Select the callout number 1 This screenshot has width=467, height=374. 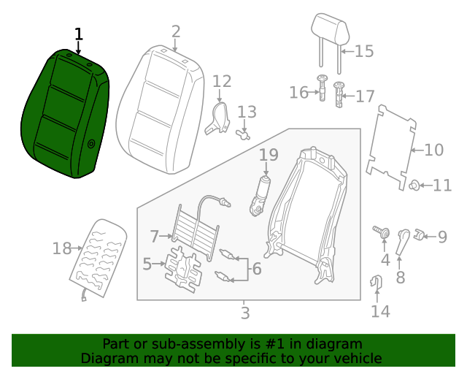(x=79, y=34)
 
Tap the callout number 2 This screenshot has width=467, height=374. (x=175, y=31)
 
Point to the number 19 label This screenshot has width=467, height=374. (x=269, y=155)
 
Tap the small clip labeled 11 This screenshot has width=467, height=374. (x=414, y=185)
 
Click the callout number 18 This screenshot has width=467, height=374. (x=62, y=249)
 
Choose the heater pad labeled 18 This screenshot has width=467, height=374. (x=99, y=256)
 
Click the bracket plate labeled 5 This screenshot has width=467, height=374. (x=182, y=267)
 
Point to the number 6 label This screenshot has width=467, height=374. (x=256, y=269)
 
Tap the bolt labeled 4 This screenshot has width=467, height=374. (x=381, y=232)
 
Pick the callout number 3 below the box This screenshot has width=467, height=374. (x=245, y=313)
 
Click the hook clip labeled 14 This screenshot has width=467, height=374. (x=377, y=281)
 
